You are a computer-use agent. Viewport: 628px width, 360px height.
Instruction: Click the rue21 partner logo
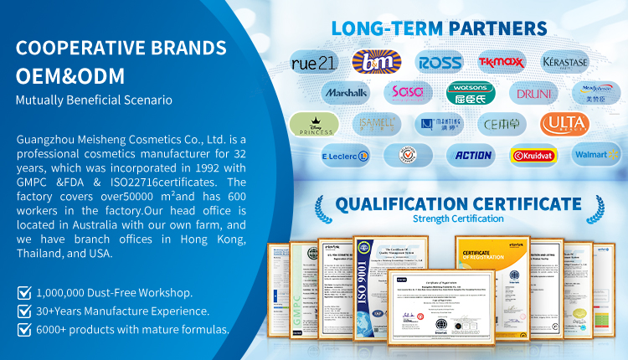coord(314,61)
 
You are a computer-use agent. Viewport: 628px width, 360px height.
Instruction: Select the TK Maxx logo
coord(502,61)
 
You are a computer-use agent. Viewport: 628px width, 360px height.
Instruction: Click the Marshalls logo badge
coord(345,92)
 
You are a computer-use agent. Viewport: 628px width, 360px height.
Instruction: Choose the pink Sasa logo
coord(409,92)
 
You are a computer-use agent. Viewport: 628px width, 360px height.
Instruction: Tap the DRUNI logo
coord(533,92)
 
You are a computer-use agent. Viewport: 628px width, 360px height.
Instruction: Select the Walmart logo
coord(596,155)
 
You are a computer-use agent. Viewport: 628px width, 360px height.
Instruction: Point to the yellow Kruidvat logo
coord(533,155)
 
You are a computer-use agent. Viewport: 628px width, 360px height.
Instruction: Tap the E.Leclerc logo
coord(345,155)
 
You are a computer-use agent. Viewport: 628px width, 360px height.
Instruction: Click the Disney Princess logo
coord(314,124)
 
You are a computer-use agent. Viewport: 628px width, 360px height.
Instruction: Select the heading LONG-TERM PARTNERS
coord(440,28)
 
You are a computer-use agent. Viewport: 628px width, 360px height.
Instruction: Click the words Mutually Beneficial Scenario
coord(94,100)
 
